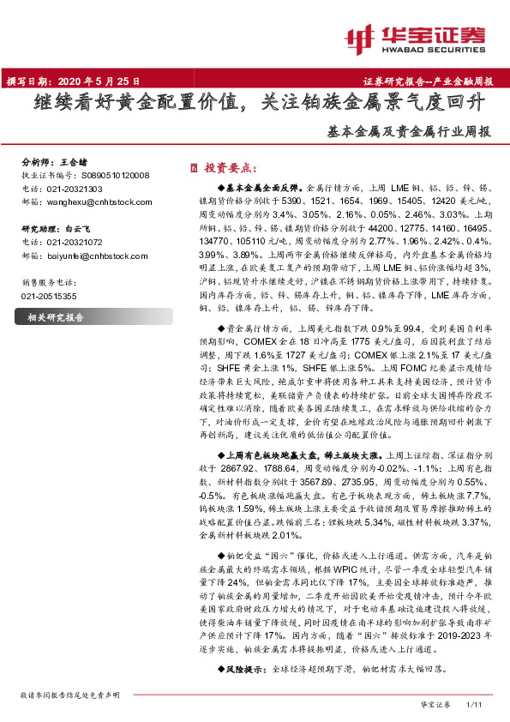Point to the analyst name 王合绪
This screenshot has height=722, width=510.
tap(74, 161)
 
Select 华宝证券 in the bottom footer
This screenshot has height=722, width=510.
tap(435, 704)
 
